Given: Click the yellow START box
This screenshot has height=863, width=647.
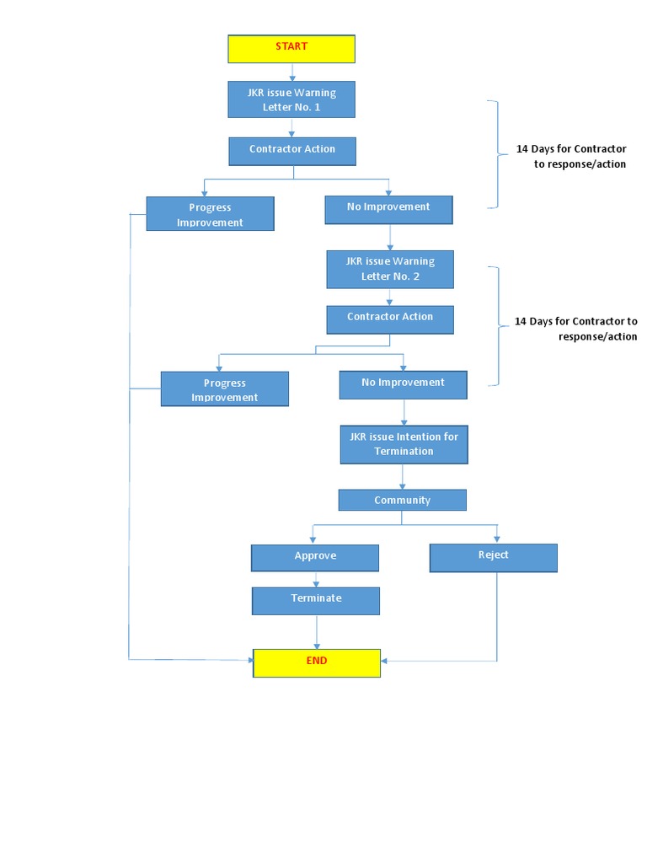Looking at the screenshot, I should point(291,49).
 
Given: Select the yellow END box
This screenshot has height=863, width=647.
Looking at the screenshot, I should point(317,662).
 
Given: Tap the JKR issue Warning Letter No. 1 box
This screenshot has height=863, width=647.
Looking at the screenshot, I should point(291,99).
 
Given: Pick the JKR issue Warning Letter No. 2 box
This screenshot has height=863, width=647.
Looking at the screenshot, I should point(390,270).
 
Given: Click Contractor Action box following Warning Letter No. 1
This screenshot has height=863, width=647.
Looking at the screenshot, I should point(292,151).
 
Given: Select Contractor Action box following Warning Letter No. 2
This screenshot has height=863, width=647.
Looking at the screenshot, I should point(390,319).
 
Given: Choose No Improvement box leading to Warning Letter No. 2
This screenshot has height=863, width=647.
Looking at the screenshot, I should point(388,209).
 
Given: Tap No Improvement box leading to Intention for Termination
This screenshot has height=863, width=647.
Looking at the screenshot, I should point(403,384).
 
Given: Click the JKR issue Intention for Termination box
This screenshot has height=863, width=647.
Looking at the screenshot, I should point(404,444).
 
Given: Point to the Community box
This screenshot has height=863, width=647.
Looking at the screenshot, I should point(402,500).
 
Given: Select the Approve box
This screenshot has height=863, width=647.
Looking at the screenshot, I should point(315,557).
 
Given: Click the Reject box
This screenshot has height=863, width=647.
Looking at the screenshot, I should point(493,557).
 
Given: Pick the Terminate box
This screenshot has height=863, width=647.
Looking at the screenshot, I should point(316,600).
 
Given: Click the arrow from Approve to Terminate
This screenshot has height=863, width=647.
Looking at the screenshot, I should point(316,580).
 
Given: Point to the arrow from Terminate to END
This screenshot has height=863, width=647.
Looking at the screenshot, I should point(317,631).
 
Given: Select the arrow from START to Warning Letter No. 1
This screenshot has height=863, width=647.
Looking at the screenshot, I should point(292,72).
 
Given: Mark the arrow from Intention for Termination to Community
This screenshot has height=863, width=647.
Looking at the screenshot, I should point(403,477).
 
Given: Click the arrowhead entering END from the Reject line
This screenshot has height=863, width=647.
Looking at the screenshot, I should point(385,661).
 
